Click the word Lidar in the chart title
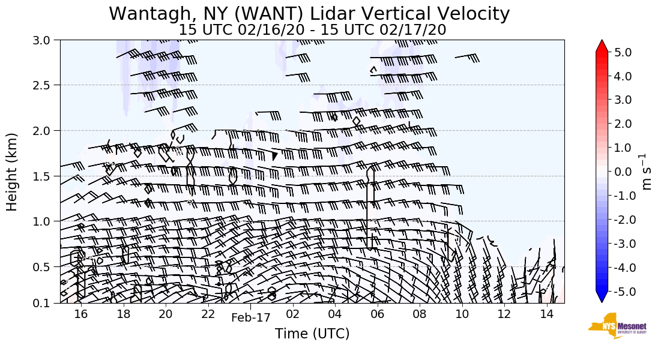tap(320, 14)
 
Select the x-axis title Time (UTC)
tap(312, 334)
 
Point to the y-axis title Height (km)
tap(12, 172)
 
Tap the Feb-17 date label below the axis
tap(251, 318)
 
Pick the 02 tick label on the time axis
tap(293, 314)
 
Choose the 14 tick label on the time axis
tap(546, 314)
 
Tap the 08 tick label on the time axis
tap(420, 314)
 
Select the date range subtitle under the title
tap(312, 29)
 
